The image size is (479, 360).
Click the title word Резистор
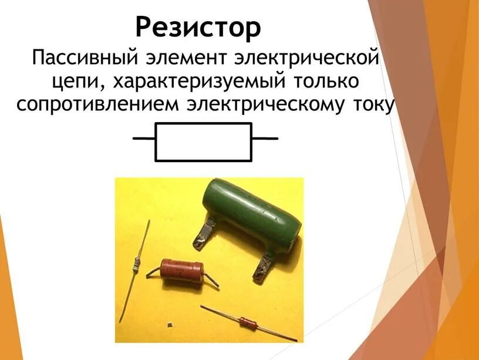(x=198, y=26)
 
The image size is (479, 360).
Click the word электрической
(x=305, y=59)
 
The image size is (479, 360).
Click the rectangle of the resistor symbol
(x=203, y=142)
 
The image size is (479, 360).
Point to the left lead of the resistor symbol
(x=144, y=139)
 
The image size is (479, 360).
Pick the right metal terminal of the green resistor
(x=265, y=264)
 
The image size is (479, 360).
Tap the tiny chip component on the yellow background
(x=169, y=324)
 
